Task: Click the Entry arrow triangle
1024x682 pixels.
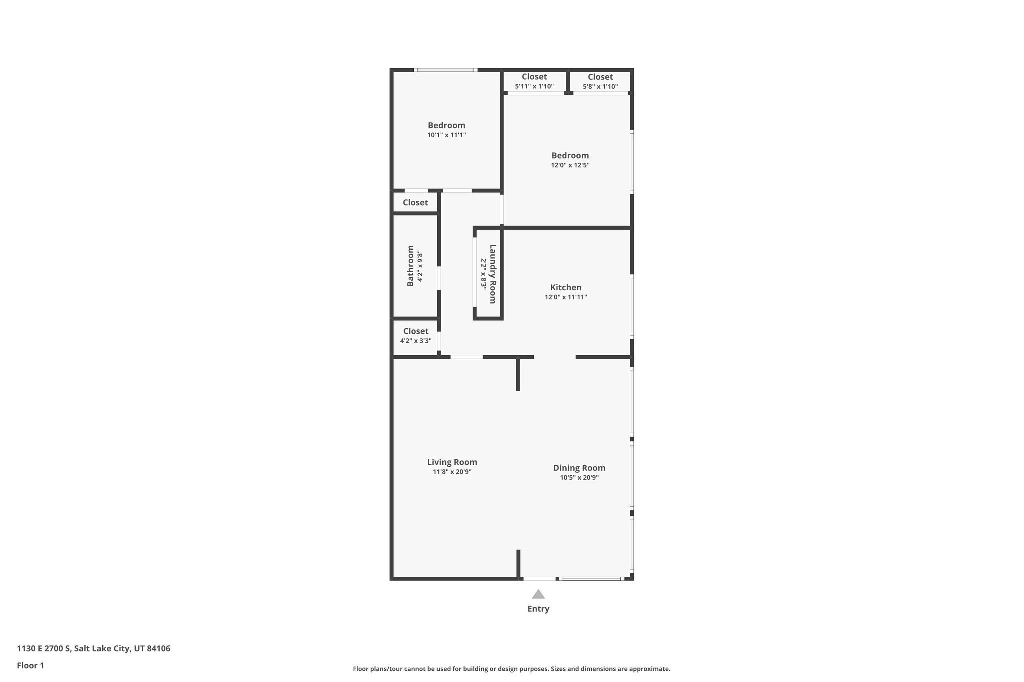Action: pyautogui.click(x=538, y=594)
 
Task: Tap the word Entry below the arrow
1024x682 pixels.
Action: pyautogui.click(x=538, y=609)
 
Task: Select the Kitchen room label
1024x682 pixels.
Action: pyautogui.click(x=566, y=287)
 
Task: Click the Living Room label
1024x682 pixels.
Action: pyautogui.click(x=452, y=462)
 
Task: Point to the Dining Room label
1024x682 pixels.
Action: pyautogui.click(x=579, y=468)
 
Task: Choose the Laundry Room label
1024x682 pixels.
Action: pyautogui.click(x=493, y=274)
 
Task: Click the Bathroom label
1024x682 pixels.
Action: pyautogui.click(x=410, y=266)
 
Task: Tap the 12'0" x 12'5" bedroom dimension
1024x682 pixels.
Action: pyautogui.click(x=570, y=165)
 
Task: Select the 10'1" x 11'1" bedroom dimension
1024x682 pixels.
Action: pyautogui.click(x=446, y=135)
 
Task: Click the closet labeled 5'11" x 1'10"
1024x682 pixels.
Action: pyautogui.click(x=534, y=81)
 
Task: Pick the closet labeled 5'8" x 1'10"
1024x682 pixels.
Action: pyautogui.click(x=600, y=81)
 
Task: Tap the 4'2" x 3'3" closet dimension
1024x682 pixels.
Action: pyautogui.click(x=415, y=341)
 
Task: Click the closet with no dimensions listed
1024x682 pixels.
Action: pyautogui.click(x=415, y=202)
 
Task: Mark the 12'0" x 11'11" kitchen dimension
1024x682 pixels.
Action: pyautogui.click(x=566, y=297)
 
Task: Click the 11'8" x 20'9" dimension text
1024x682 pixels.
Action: pyautogui.click(x=452, y=472)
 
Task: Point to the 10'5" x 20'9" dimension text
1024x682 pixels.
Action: pyautogui.click(x=579, y=478)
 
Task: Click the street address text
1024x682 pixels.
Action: pyautogui.click(x=93, y=649)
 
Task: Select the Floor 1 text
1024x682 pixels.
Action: pyautogui.click(x=30, y=666)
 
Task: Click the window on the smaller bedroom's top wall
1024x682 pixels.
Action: pyautogui.click(x=446, y=70)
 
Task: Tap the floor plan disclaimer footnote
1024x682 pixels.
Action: pyautogui.click(x=511, y=669)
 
